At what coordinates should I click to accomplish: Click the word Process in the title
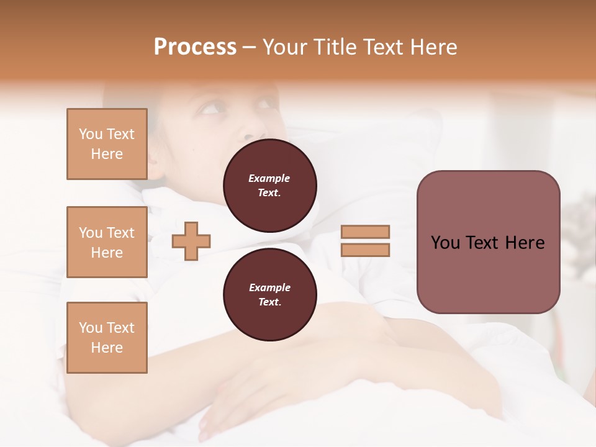click(195, 47)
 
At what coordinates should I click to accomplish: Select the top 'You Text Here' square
click(107, 144)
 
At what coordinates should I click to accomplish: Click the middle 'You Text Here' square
click(107, 242)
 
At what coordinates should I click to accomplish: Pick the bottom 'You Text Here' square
click(107, 338)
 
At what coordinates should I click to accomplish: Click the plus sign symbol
click(191, 241)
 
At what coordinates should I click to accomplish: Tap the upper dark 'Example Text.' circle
click(269, 186)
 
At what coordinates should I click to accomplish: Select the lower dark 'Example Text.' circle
click(269, 295)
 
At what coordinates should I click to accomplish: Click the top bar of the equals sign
click(365, 232)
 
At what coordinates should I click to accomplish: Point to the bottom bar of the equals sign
click(365, 250)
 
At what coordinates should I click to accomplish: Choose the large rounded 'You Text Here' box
click(488, 242)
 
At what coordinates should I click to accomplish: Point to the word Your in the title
click(284, 47)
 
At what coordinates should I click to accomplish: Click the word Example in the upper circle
click(269, 178)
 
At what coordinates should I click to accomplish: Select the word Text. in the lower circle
click(269, 302)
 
